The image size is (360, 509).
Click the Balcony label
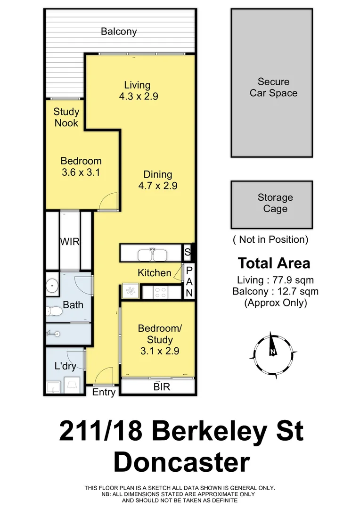119,32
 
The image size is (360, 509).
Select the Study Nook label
66,117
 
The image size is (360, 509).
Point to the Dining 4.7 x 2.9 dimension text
158,186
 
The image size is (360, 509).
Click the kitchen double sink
152,254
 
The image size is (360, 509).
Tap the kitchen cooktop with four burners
161,292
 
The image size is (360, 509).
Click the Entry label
104,392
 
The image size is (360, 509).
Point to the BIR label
162,387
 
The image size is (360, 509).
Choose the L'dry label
65,365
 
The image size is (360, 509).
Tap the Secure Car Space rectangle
271,83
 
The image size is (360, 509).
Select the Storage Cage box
271,204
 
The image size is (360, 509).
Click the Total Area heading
274,263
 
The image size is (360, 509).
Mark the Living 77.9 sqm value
276,280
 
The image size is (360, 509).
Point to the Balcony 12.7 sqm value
275,291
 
